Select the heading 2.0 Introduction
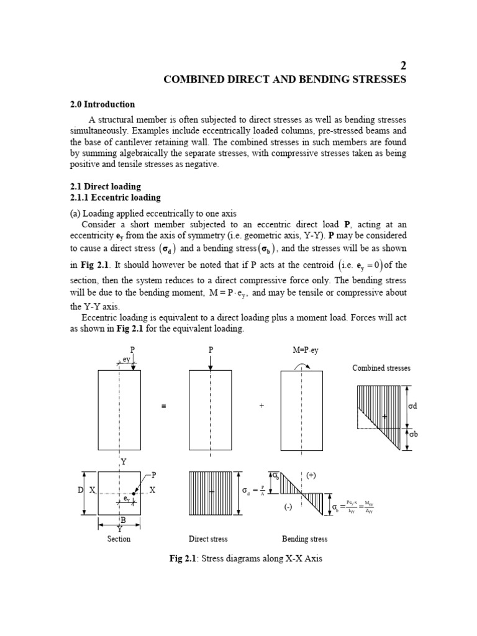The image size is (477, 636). (102, 104)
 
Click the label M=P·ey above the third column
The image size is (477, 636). (305, 350)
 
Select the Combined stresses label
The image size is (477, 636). (381, 368)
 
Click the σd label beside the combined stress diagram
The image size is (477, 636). (414, 406)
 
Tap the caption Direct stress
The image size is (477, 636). (208, 538)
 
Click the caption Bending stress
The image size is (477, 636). (304, 538)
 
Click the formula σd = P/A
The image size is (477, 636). (255, 491)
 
